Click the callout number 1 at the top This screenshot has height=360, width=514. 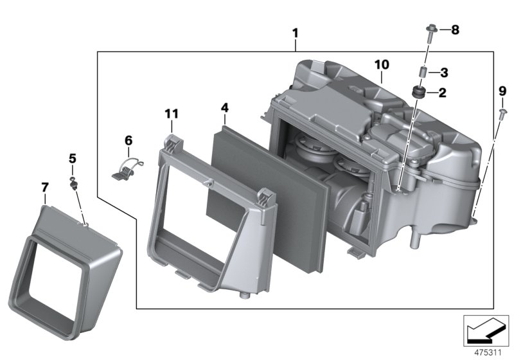coord(295,32)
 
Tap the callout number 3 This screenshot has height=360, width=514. coord(444,72)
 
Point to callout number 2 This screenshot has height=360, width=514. coord(443,93)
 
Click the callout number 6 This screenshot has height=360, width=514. coord(128,140)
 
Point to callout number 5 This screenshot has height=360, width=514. coord(73,157)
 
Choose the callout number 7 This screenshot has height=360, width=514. coord(44,187)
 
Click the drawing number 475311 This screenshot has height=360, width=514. coord(487,353)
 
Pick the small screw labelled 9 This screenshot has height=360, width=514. coord(499,114)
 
